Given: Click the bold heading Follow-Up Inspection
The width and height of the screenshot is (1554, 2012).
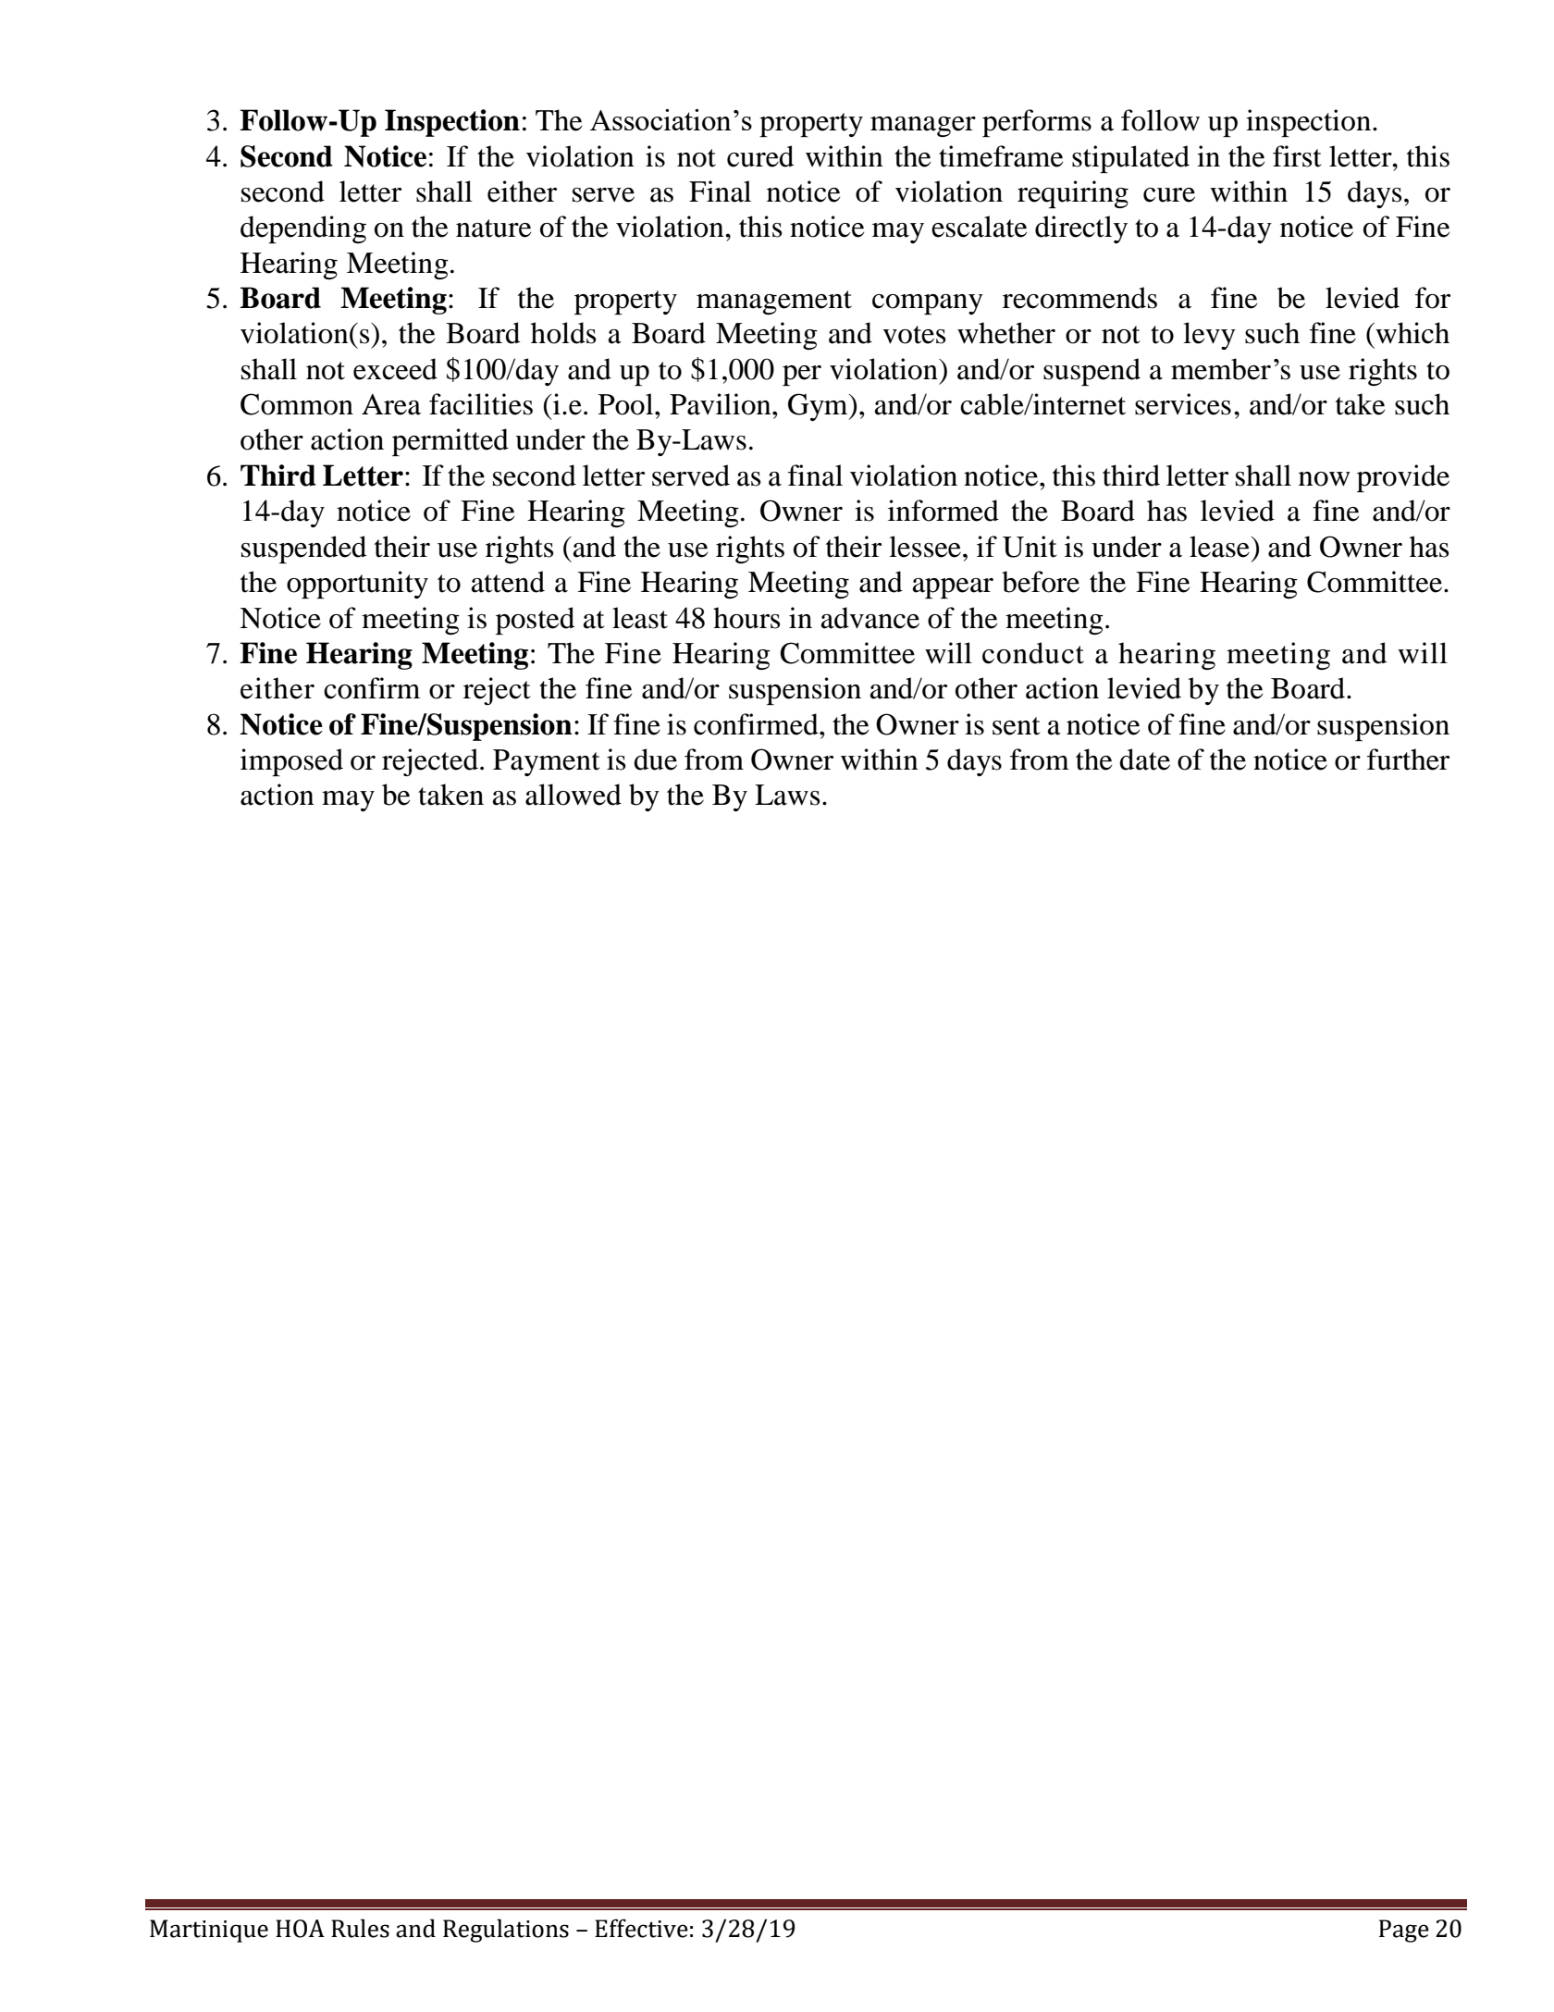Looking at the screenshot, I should point(378,121).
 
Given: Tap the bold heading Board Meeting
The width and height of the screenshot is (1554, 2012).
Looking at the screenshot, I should point(343,299).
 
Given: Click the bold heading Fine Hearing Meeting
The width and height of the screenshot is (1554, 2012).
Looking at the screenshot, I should point(384,654).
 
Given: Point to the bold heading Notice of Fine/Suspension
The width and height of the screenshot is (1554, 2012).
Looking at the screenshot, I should point(405,725).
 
